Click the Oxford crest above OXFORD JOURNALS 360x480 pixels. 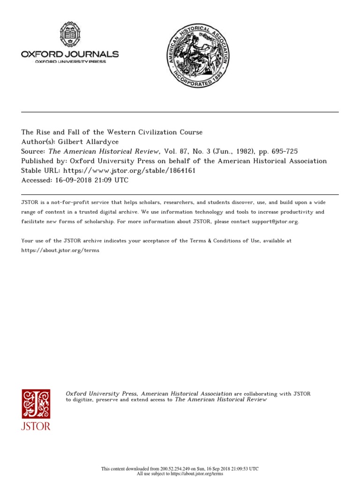[69, 35]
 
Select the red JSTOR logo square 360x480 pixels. [36, 404]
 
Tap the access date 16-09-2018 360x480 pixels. [75, 180]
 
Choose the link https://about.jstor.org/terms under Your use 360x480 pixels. [60, 250]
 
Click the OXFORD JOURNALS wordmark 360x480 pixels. [70, 54]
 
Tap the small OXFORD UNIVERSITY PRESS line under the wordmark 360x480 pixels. [64, 62]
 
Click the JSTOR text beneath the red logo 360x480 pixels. [36, 426]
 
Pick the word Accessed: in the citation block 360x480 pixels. [37, 180]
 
